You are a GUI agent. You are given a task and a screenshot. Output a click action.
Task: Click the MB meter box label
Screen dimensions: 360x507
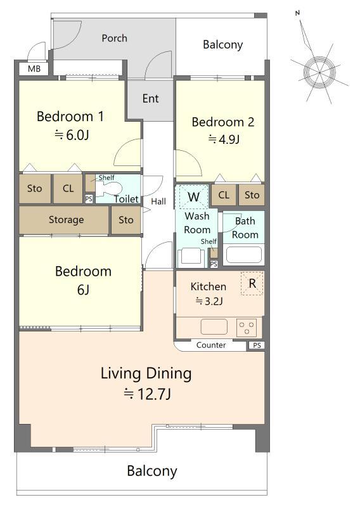click(x=34, y=69)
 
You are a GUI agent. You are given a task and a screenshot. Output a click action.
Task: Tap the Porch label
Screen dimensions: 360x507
click(x=114, y=38)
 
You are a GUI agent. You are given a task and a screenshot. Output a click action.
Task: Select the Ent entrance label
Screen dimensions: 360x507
click(x=150, y=98)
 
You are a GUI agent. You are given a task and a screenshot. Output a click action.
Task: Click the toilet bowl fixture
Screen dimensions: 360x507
click(x=108, y=188)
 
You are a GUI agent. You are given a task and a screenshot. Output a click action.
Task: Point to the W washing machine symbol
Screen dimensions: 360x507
click(x=193, y=196)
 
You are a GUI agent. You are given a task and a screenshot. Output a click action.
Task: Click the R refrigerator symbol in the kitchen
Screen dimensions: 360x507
click(x=252, y=283)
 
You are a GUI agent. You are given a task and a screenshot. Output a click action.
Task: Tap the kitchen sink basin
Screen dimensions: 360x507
click(x=214, y=327)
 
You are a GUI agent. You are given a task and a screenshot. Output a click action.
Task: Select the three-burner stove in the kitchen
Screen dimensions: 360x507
click(x=247, y=328)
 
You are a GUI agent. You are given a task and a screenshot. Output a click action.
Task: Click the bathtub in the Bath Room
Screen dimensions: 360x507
click(x=244, y=255)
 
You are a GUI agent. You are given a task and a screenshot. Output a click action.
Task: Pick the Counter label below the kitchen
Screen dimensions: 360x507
click(x=211, y=345)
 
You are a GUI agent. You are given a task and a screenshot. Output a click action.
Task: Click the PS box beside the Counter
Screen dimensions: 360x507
click(x=257, y=345)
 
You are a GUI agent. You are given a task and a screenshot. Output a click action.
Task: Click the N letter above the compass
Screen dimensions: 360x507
click(x=298, y=13)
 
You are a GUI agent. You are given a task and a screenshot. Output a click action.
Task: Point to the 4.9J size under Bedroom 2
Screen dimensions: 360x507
click(x=224, y=139)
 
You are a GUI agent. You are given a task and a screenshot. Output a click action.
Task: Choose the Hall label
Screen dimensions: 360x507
click(x=158, y=202)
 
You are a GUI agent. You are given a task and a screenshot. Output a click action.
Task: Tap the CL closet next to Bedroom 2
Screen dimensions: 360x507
click(x=224, y=195)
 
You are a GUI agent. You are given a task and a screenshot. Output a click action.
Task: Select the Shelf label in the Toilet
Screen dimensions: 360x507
click(x=106, y=177)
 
